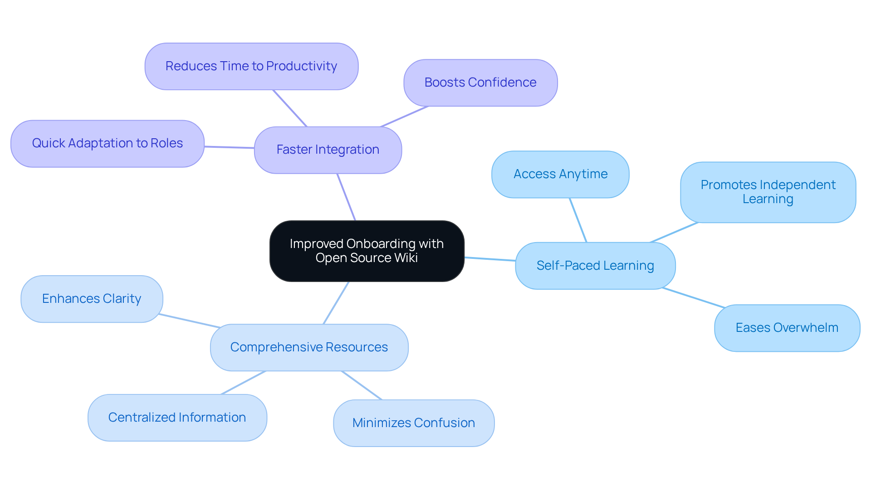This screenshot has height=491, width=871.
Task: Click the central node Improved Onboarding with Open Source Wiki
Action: (x=367, y=251)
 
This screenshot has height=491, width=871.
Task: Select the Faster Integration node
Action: (x=328, y=150)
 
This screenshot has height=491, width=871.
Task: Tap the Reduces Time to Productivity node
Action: (x=251, y=66)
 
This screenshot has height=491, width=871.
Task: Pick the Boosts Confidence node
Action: (x=480, y=83)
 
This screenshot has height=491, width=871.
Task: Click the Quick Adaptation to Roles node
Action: (x=107, y=143)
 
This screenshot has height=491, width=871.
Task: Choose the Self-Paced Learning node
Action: (x=595, y=266)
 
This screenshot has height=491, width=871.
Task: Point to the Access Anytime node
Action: (x=560, y=174)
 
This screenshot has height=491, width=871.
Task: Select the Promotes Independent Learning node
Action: (x=768, y=192)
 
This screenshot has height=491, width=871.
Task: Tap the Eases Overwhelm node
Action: (x=787, y=328)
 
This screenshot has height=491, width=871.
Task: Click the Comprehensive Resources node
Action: (x=309, y=347)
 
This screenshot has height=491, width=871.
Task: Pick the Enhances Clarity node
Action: (x=92, y=299)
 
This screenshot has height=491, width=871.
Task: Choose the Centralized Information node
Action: (x=177, y=418)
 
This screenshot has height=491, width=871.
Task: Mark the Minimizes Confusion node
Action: (x=413, y=423)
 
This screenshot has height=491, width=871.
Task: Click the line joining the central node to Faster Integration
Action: (x=346, y=197)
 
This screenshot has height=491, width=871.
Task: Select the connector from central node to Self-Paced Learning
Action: (x=490, y=259)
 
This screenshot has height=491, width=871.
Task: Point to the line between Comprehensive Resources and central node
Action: (x=336, y=303)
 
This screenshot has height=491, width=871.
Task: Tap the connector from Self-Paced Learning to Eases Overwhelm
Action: (x=693, y=297)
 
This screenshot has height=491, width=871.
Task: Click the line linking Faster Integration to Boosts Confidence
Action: (x=404, y=117)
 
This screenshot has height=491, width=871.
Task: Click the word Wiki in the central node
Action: (x=406, y=258)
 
